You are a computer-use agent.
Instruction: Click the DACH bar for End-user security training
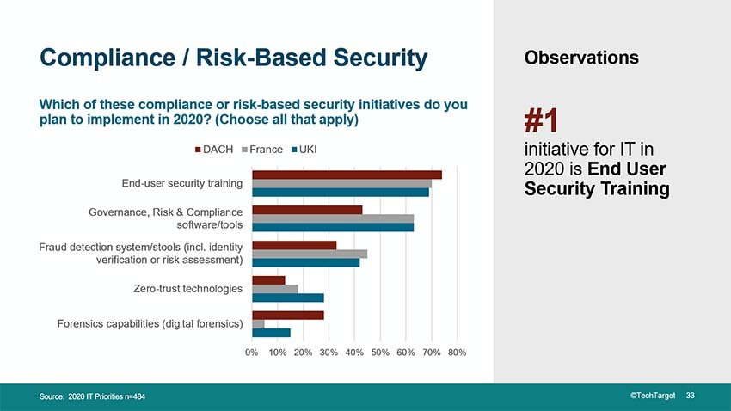click(347, 175)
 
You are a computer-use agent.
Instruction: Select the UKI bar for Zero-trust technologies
click(288, 298)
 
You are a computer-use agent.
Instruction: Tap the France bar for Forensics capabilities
click(258, 323)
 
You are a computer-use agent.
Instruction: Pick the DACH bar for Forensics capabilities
click(288, 315)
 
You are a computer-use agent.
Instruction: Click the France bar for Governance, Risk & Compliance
click(333, 218)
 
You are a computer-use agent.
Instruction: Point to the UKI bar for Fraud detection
click(305, 262)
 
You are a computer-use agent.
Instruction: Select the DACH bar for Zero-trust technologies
click(268, 279)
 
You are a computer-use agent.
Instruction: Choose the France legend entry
click(262, 150)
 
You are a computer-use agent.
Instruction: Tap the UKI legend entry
click(308, 150)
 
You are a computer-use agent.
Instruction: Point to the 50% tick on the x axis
click(380, 352)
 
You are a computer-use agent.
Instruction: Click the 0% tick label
click(252, 352)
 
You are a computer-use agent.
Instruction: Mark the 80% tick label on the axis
click(458, 352)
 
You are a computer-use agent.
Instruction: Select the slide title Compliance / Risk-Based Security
click(233, 58)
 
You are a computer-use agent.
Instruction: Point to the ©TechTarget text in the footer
click(654, 395)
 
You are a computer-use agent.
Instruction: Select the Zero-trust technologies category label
click(187, 289)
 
